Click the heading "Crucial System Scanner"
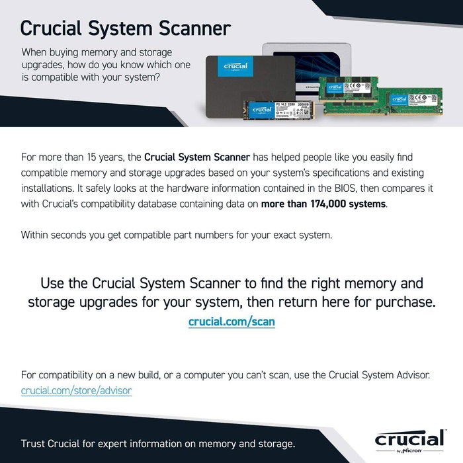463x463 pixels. coord(126,28)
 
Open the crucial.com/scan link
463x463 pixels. coord(232,321)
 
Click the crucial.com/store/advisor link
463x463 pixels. coord(76,390)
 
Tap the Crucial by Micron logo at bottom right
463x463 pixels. coord(409,441)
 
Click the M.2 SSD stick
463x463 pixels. coord(280,113)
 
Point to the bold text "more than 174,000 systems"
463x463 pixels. coord(323,204)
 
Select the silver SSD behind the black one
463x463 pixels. coord(311,63)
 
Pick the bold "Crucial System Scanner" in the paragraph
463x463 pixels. coord(197,157)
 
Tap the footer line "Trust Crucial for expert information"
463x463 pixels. coord(158,442)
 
